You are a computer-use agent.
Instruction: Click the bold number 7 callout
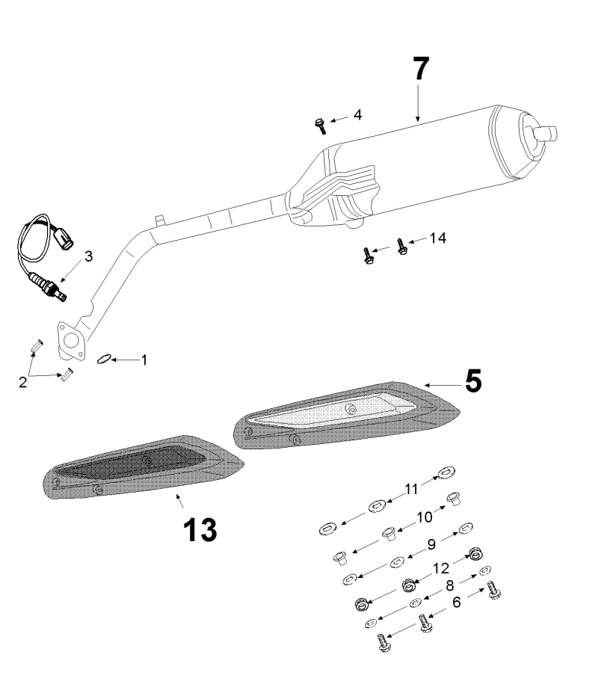420,69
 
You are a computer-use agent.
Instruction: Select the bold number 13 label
200,530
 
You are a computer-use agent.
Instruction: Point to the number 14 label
437,238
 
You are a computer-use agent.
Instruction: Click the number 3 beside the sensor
88,256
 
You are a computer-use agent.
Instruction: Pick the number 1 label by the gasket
144,360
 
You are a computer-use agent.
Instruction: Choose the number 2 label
22,382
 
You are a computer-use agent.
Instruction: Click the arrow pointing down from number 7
418,105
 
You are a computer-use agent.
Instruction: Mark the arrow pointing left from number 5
441,384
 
